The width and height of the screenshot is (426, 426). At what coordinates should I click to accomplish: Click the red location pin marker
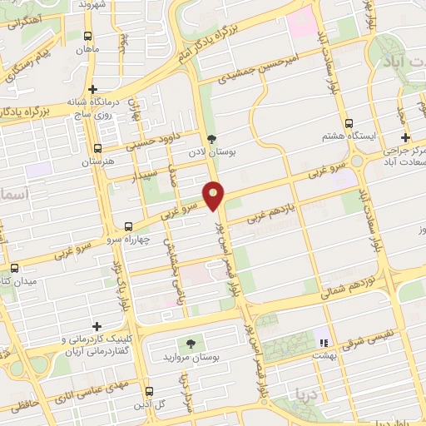coord(215,196)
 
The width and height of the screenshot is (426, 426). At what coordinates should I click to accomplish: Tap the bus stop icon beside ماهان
coord(88,36)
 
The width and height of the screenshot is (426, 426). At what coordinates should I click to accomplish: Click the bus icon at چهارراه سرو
coord(128,225)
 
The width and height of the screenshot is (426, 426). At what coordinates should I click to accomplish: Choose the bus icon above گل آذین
coord(149,390)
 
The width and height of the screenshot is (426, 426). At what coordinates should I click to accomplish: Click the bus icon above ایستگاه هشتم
coord(351,121)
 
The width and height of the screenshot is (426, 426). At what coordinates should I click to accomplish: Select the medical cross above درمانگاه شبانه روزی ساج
coord(93,89)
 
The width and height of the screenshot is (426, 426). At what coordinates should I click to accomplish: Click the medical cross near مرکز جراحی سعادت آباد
coord(405,137)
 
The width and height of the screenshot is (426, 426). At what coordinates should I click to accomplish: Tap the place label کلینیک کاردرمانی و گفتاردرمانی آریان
coord(97,344)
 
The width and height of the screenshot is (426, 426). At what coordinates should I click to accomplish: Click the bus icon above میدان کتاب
coord(15,268)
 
